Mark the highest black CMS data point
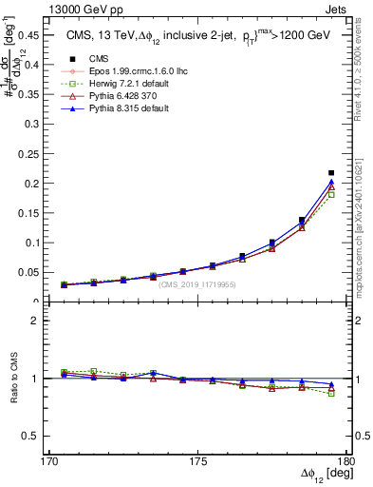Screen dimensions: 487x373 [331, 173]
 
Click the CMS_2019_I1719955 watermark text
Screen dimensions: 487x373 [197, 283]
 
